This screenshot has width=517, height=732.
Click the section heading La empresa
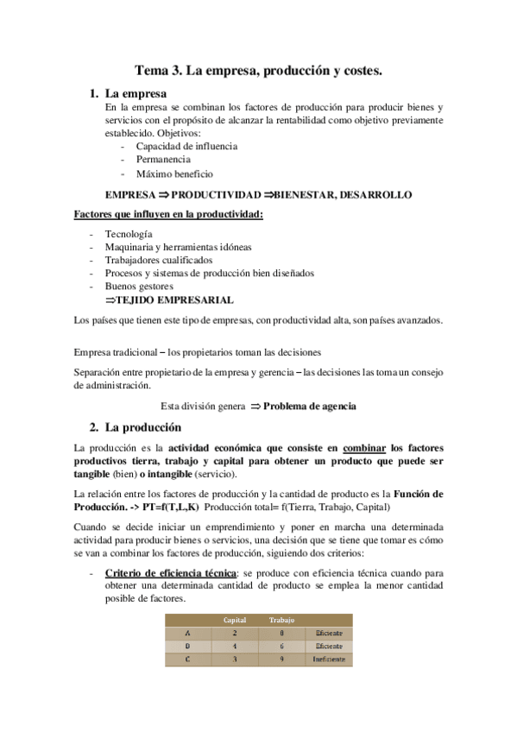point(136,93)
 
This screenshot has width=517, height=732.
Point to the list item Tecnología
point(129,234)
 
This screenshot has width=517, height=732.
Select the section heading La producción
point(142,427)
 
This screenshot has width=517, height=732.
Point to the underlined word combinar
point(364,449)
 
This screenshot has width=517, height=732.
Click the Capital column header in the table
point(235,620)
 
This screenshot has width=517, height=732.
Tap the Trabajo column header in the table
point(281,620)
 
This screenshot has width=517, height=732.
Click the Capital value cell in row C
point(235,659)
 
